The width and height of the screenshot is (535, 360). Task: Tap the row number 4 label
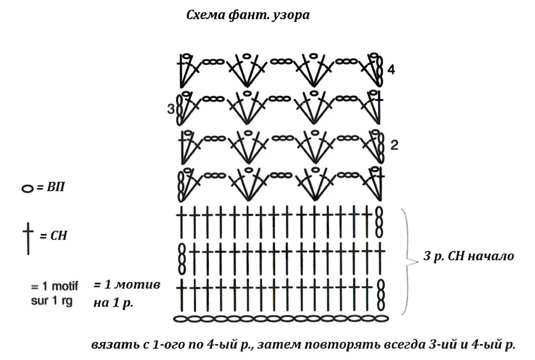pyautogui.click(x=391, y=70)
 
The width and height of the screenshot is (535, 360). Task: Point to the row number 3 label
pyautogui.click(x=171, y=109)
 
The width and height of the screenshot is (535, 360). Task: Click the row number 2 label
pyautogui.click(x=395, y=146)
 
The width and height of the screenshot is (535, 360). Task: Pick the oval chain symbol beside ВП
pyautogui.click(x=28, y=188)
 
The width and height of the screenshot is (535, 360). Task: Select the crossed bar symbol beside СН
pyautogui.click(x=28, y=238)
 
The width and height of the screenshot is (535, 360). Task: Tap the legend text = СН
pyautogui.click(x=53, y=236)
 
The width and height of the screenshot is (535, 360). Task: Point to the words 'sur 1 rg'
pyautogui.click(x=52, y=302)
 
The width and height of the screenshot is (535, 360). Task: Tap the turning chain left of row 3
pyautogui.click(x=180, y=109)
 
